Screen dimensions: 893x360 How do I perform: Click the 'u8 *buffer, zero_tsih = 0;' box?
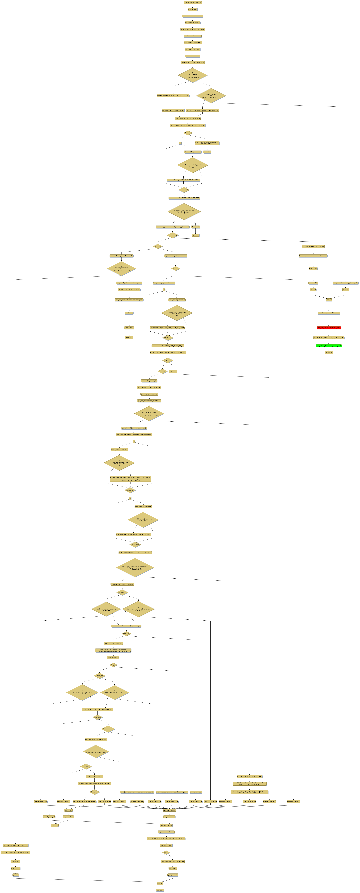coord(192,3)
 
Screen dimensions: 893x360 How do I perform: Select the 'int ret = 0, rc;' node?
coord(192,9)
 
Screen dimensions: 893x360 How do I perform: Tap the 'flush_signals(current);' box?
coord(192,56)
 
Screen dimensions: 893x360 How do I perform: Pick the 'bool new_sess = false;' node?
coord(192,49)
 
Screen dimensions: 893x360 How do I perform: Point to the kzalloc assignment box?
coord(188,125)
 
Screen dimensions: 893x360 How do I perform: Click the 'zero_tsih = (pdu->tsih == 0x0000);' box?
coord(122,584)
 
